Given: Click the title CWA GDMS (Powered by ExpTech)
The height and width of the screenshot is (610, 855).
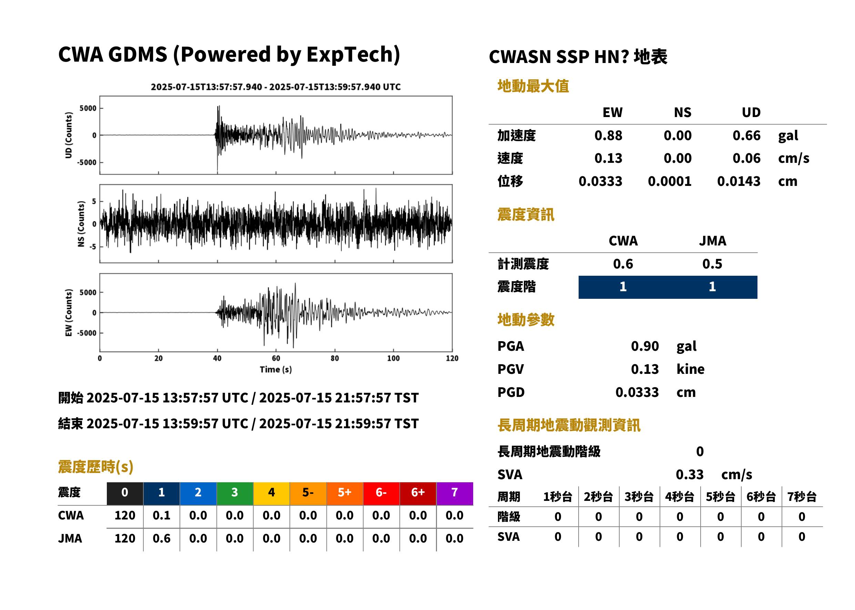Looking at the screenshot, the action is coord(229,55).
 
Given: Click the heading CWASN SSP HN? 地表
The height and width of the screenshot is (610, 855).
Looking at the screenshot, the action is coord(578,57).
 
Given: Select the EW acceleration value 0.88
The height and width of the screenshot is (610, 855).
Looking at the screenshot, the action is coord(608,136).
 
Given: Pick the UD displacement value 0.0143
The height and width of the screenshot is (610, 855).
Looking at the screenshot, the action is coord(739,181).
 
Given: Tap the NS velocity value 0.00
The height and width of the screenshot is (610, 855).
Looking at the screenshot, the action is coord(678,158).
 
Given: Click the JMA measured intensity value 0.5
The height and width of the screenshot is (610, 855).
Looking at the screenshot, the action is coord(712,264).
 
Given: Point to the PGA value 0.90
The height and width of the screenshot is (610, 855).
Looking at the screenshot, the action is coord(645,346).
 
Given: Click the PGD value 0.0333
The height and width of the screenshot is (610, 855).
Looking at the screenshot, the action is coord(637,392).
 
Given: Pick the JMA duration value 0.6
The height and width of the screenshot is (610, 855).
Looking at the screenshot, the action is coord(162,539).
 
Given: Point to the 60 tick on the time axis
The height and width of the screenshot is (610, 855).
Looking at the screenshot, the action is coord(276,358).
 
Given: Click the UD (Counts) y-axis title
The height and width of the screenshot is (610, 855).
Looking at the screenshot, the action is coord(69,135).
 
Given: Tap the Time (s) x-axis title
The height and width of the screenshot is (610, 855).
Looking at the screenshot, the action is coord(276,370).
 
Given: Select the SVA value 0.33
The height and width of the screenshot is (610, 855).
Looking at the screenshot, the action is coord(690,475).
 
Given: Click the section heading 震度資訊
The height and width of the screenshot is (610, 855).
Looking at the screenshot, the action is coord(526,215).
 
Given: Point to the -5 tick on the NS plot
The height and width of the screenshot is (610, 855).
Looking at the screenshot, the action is coord(92,247).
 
